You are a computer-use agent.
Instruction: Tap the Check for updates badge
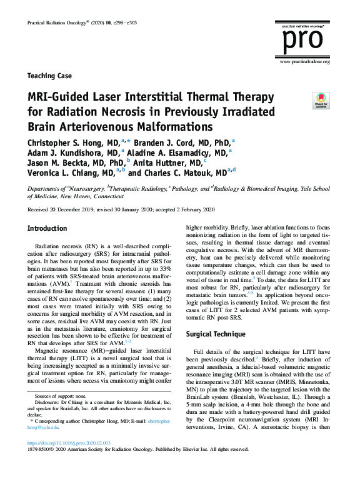tap(321, 100)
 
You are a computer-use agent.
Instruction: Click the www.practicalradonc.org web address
tap(305, 61)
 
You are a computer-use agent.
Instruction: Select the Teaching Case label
tap(50, 76)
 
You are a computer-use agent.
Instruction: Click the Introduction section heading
tap(47, 229)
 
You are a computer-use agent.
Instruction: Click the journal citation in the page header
tap(77, 23)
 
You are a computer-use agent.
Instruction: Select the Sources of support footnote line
tap(56, 397)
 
